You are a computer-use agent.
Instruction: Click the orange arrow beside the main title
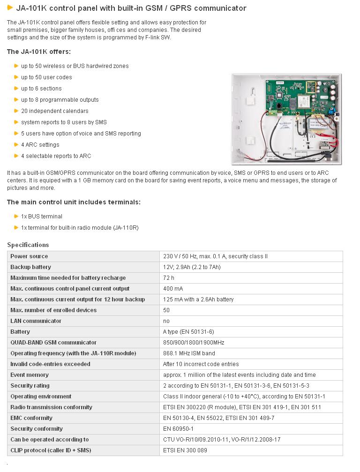[10, 7]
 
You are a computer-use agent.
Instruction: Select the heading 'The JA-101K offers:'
[39, 52]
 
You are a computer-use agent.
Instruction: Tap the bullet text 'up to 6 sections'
[41, 89]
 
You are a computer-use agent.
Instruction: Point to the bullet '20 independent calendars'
[54, 111]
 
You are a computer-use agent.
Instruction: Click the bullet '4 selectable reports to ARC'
[56, 156]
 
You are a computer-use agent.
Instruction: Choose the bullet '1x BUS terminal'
[41, 217]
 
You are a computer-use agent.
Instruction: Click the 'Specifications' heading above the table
[28, 245]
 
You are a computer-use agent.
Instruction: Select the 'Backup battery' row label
[30, 267]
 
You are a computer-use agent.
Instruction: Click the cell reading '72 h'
[169, 278]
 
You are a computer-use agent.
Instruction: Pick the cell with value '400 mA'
[173, 289]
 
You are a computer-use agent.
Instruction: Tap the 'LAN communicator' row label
[36, 321]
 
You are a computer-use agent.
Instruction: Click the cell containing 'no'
[166, 321]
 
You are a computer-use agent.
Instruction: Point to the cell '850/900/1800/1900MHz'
[194, 343]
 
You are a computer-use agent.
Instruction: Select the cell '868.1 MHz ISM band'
[189, 353]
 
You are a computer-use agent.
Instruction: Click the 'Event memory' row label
[30, 375]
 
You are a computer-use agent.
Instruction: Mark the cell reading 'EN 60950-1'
[178, 429]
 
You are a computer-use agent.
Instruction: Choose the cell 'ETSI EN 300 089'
[185, 450]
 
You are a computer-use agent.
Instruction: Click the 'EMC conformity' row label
[31, 418]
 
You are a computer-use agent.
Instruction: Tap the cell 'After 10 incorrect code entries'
[201, 364]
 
